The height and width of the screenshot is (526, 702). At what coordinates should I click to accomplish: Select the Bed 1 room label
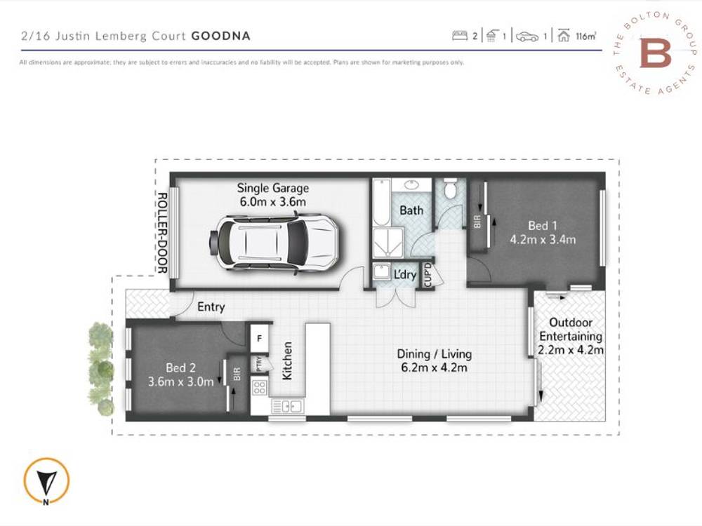pyautogui.click(x=542, y=226)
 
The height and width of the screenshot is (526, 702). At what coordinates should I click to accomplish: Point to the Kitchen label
pyautogui.click(x=286, y=361)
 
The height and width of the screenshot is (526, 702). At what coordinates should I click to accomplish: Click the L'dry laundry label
pyautogui.click(x=405, y=275)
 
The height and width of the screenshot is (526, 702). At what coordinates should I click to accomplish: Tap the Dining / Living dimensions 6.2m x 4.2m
pyautogui.click(x=434, y=367)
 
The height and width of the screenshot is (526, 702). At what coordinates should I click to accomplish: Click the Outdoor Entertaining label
pyautogui.click(x=571, y=329)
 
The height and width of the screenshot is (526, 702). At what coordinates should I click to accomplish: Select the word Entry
pyautogui.click(x=211, y=307)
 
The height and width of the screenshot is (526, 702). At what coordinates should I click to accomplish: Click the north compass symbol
pyautogui.click(x=46, y=483)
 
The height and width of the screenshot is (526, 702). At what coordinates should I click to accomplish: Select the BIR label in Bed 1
pyautogui.click(x=477, y=223)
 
